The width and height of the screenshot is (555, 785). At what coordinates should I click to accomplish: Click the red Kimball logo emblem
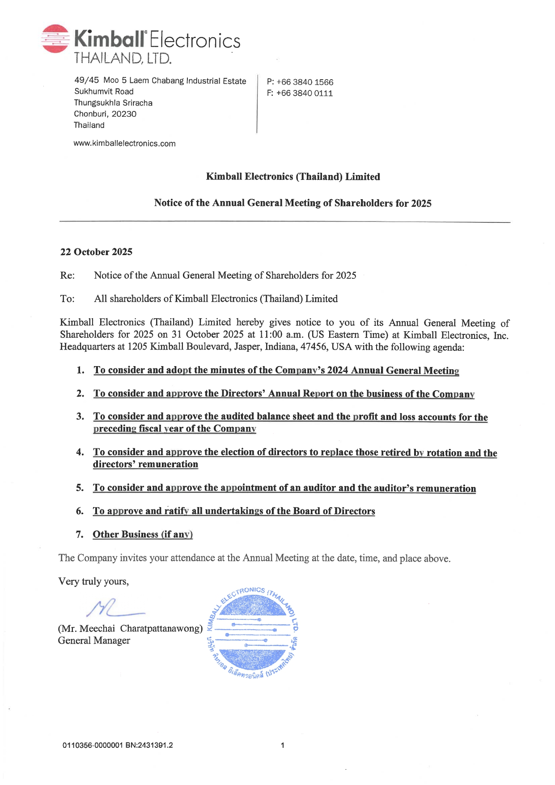[x=55, y=38]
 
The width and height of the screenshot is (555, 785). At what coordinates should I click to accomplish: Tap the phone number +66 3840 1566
[x=305, y=82]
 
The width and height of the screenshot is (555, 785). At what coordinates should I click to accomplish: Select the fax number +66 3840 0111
[x=304, y=93]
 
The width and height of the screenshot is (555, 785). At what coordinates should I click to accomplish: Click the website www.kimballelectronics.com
[x=124, y=144]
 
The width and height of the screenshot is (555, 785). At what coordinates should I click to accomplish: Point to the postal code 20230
[x=124, y=114]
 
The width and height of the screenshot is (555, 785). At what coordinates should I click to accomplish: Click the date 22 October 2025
[x=96, y=252]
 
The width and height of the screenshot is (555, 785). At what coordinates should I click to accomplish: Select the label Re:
[x=67, y=275]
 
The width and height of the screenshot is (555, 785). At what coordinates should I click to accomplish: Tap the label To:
[x=67, y=299]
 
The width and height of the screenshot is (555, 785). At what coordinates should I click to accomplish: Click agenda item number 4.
[x=80, y=452]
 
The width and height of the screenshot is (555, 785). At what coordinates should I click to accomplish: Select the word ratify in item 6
[x=176, y=511]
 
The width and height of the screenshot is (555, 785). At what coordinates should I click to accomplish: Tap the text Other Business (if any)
[x=143, y=534]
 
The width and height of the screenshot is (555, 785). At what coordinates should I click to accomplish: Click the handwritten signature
[x=114, y=609]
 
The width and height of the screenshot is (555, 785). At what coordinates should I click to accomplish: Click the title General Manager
[x=94, y=640]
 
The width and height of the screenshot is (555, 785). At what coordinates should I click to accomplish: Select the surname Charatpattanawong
[x=161, y=628]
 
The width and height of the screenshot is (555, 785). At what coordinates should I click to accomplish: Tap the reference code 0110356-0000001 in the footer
[x=93, y=745]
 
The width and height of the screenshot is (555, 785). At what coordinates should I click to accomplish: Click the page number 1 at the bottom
[x=282, y=745]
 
